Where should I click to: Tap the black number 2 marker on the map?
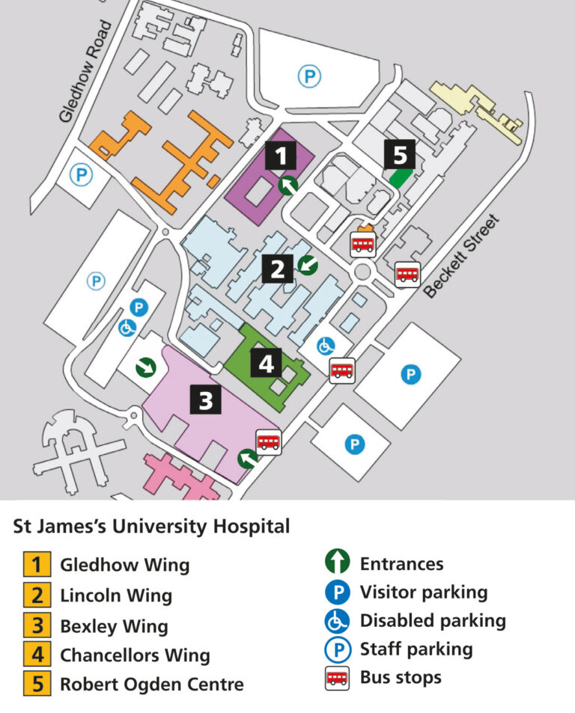coord(277,269)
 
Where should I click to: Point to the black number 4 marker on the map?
coord(266,364)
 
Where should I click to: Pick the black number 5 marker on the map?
coord(400,155)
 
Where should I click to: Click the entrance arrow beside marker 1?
coord(288,185)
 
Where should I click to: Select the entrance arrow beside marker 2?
coord(307,263)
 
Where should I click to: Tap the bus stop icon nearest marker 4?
coord(342,370)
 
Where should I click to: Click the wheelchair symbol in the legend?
coord(338,621)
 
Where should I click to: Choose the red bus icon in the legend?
coord(338,678)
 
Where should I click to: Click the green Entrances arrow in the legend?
coord(338,563)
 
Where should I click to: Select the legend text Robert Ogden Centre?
coord(151,684)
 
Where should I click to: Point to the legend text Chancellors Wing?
coord(135,655)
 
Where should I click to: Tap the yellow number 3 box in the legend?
coord(37,625)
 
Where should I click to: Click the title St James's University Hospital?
coord(151,526)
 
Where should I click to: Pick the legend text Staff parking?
coord(416,649)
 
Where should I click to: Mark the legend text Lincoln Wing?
coord(116,596)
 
